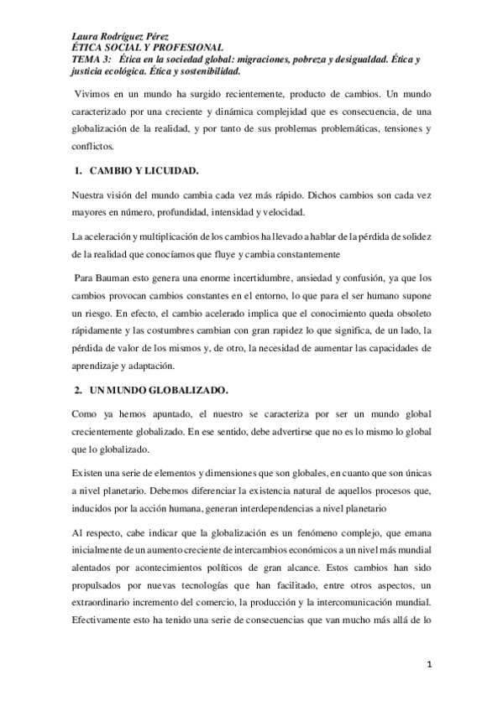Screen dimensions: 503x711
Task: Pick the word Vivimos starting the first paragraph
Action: coord(96,89)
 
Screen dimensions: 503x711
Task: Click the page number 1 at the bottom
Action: coord(428,667)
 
